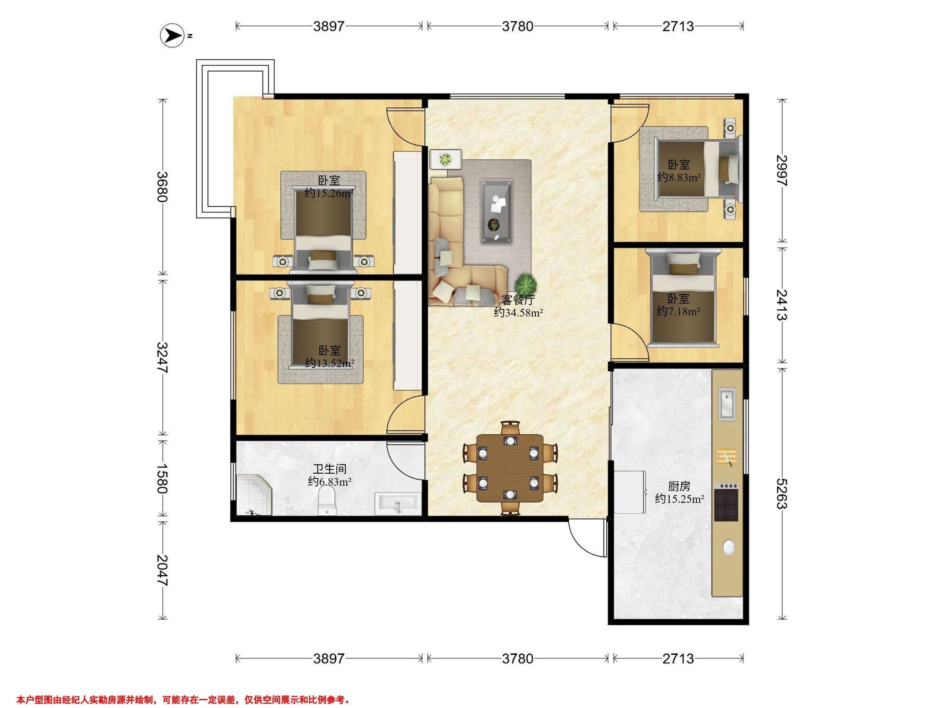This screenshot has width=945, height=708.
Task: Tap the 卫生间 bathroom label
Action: click(x=330, y=469)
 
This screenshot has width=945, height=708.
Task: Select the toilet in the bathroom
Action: click(x=328, y=502)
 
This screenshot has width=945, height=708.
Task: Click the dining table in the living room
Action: click(x=510, y=468)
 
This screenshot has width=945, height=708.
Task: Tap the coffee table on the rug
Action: click(x=497, y=212)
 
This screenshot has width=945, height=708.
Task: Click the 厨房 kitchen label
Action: click(x=679, y=486)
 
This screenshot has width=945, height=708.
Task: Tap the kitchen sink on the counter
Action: click(x=727, y=403)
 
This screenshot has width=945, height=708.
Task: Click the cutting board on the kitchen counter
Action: click(x=726, y=457)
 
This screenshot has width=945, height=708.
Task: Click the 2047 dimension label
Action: click(x=163, y=570)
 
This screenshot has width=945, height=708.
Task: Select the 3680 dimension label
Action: click(x=163, y=186)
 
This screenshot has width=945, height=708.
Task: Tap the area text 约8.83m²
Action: click(x=679, y=177)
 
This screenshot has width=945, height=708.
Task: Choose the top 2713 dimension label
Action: click(x=678, y=26)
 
